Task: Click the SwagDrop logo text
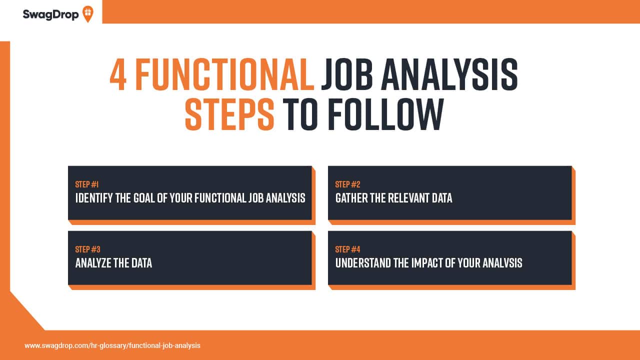(50, 14)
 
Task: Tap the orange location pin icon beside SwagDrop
(87, 14)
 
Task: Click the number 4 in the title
(118, 75)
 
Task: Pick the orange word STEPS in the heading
(229, 114)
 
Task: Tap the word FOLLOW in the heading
(385, 114)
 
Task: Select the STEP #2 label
(348, 184)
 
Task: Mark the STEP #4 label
(348, 249)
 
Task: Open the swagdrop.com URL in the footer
(112, 345)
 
